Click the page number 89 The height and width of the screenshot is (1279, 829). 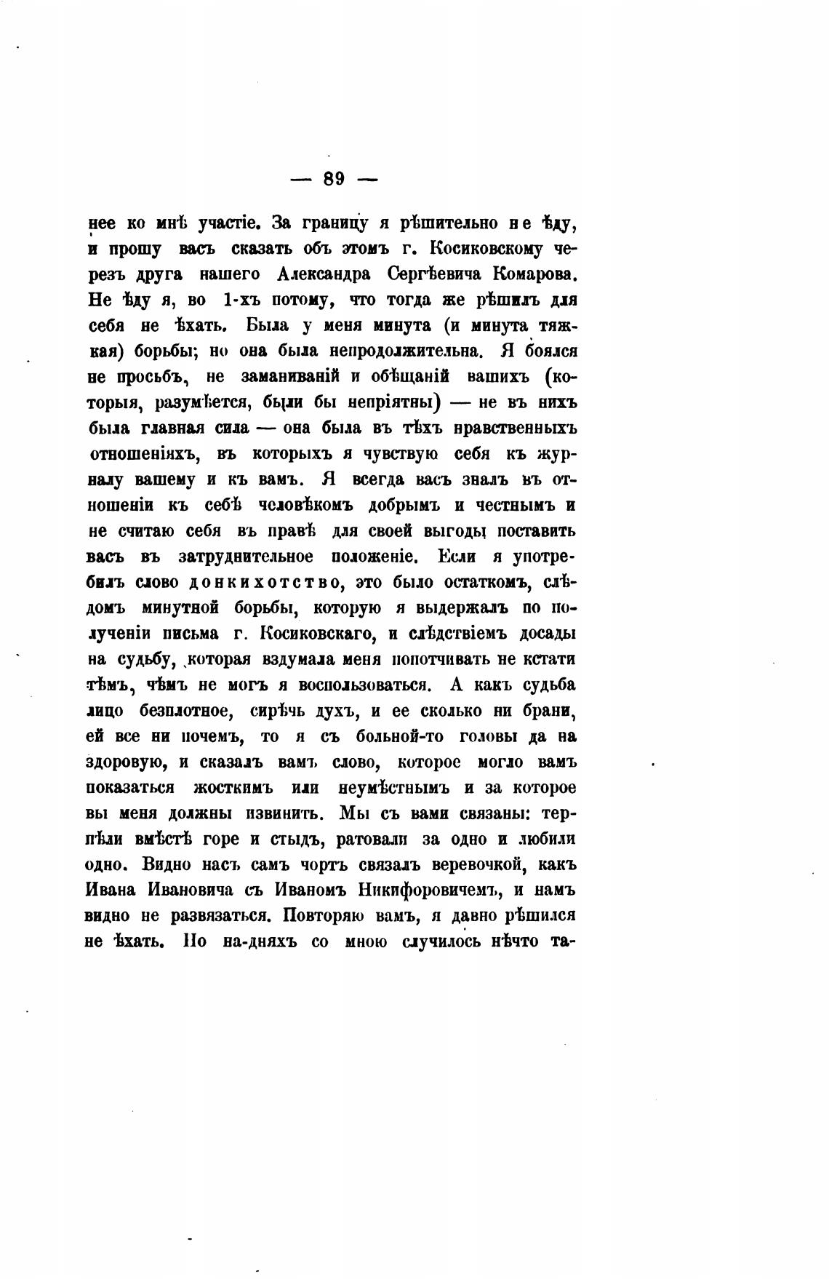[335, 179]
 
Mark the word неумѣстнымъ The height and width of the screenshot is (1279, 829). [396, 787]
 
